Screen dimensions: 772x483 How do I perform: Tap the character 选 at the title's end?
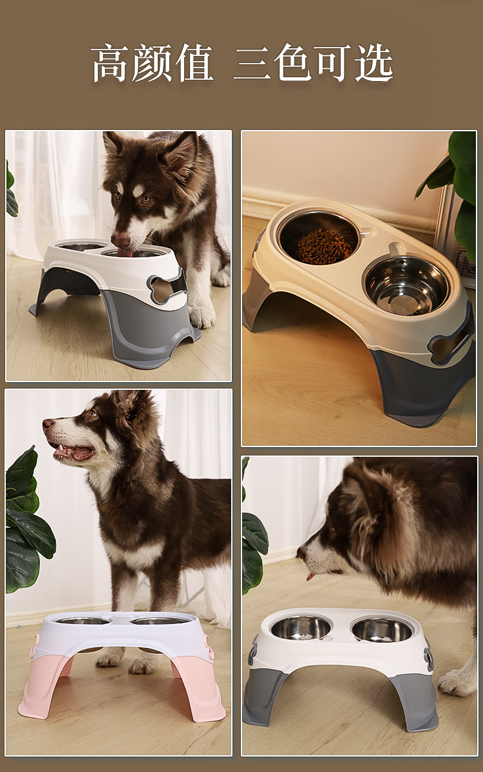[374, 63]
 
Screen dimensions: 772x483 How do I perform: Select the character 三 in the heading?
[252, 63]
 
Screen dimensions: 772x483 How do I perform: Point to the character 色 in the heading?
[292, 63]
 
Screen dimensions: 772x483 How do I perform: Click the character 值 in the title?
[193, 63]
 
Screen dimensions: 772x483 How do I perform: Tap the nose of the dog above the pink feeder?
[47, 425]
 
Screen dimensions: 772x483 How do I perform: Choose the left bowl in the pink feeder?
[83, 621]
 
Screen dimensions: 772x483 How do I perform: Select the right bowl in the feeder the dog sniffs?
[382, 629]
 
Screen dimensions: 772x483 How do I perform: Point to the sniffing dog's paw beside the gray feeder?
[459, 682]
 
